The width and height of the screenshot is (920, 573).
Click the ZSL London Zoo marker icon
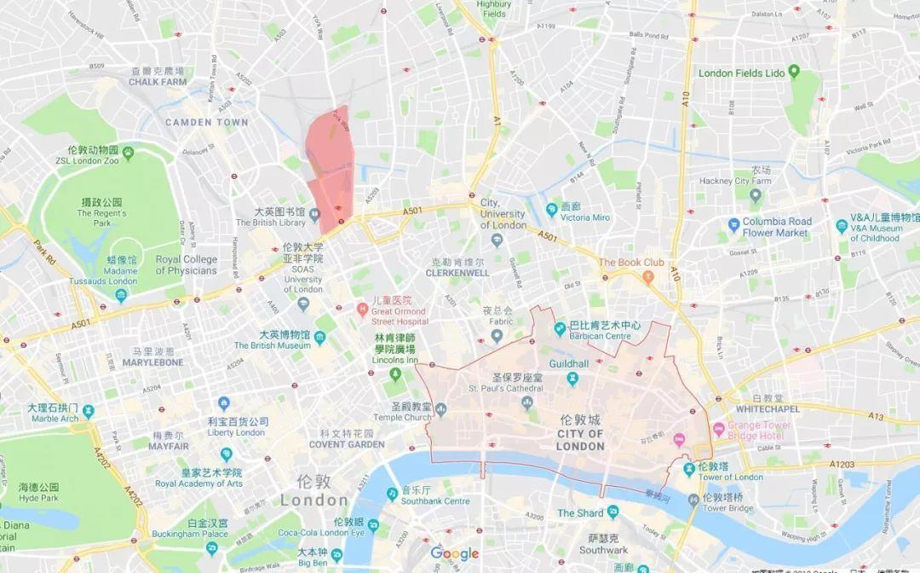(x=128, y=153)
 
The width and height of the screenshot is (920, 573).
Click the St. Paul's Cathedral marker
(x=527, y=401)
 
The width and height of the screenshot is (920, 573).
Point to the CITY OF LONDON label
(x=580, y=434)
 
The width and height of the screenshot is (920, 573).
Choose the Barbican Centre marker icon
(x=560, y=328)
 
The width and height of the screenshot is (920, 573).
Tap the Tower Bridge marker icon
(x=693, y=500)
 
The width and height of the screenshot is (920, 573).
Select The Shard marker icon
(x=612, y=513)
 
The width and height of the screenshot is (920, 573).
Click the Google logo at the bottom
(x=454, y=553)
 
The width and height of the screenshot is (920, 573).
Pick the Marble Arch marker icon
(x=89, y=412)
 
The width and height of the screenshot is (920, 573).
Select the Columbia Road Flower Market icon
(x=733, y=226)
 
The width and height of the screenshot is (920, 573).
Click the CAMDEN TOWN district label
(x=207, y=122)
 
